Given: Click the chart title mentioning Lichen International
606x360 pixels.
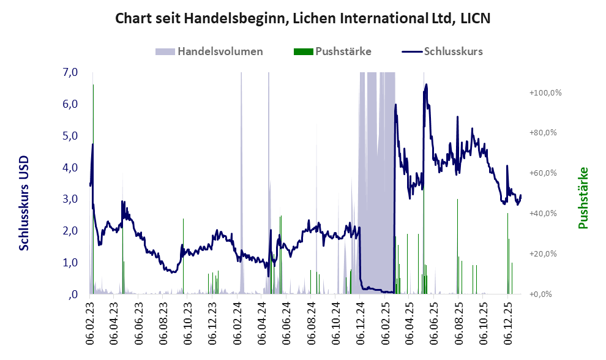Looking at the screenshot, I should (x=303, y=19).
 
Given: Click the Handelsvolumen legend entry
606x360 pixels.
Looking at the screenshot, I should (x=220, y=51).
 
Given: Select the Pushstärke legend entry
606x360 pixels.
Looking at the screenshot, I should (x=343, y=51).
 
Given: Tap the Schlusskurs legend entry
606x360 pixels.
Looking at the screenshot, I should (x=453, y=51).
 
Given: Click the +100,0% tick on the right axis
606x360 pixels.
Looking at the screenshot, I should (x=545, y=92).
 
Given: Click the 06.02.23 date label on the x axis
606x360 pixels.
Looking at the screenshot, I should (x=91, y=319).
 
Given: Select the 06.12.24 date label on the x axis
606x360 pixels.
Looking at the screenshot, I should (x=360, y=319).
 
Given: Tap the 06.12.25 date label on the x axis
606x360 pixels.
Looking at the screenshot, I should (x=507, y=319).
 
